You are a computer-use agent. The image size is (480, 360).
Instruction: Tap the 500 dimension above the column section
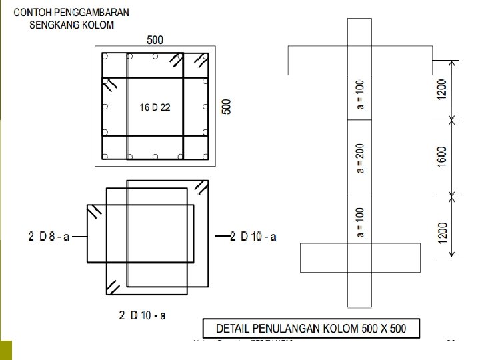[155, 41]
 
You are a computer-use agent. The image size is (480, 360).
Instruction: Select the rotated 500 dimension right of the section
[227, 107]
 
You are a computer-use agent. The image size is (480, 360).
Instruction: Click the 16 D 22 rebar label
[155, 108]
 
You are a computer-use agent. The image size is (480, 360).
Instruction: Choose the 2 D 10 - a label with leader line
[253, 237]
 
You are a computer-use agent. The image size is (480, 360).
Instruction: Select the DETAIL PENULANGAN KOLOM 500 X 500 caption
[311, 328]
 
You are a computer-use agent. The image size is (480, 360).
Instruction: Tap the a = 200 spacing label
[361, 159]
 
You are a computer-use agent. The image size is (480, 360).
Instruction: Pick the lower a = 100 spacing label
[361, 222]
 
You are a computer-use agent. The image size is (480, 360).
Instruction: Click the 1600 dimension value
[442, 159]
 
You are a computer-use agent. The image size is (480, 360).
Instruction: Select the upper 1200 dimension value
[442, 90]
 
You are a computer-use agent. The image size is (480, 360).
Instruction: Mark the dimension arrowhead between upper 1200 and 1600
[453, 121]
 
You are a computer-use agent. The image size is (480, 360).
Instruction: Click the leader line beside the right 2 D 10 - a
[221, 237]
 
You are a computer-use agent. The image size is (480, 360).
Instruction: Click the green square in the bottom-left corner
[6, 350]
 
